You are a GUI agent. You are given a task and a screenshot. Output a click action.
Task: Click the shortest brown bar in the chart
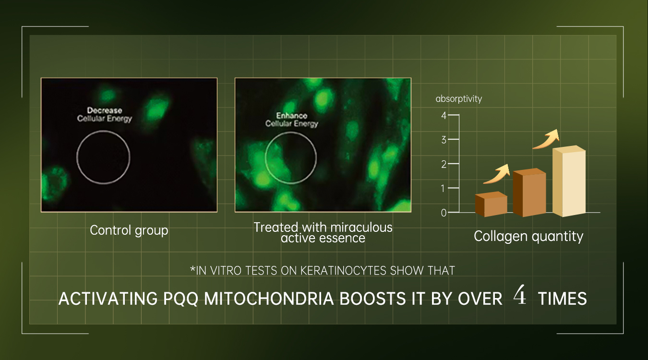491,204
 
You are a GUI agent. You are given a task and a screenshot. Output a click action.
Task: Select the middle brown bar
529,192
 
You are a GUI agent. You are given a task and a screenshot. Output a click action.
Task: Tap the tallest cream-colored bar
569,181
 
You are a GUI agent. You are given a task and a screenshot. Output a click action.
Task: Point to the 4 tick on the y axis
444,116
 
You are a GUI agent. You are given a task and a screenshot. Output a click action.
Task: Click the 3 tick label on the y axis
444,140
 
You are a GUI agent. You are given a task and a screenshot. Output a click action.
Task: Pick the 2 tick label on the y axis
444,164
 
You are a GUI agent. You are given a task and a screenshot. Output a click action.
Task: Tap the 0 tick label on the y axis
444,213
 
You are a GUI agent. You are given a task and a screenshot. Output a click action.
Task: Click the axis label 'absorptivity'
459,99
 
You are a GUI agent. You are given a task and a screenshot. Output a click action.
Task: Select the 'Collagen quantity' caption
528,237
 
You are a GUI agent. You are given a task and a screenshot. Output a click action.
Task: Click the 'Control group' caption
129,231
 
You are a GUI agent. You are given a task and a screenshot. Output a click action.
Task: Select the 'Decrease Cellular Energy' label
105,115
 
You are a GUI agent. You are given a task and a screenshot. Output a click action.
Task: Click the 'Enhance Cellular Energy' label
292,120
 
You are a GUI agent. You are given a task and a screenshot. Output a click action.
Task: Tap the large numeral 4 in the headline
519,295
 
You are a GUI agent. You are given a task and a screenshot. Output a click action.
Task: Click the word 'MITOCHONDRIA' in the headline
269,299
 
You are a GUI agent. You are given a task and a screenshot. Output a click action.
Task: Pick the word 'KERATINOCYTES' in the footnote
343,271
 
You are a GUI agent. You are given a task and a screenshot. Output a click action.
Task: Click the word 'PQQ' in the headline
180,299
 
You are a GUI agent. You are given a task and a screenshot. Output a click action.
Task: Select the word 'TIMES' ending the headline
562,299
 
